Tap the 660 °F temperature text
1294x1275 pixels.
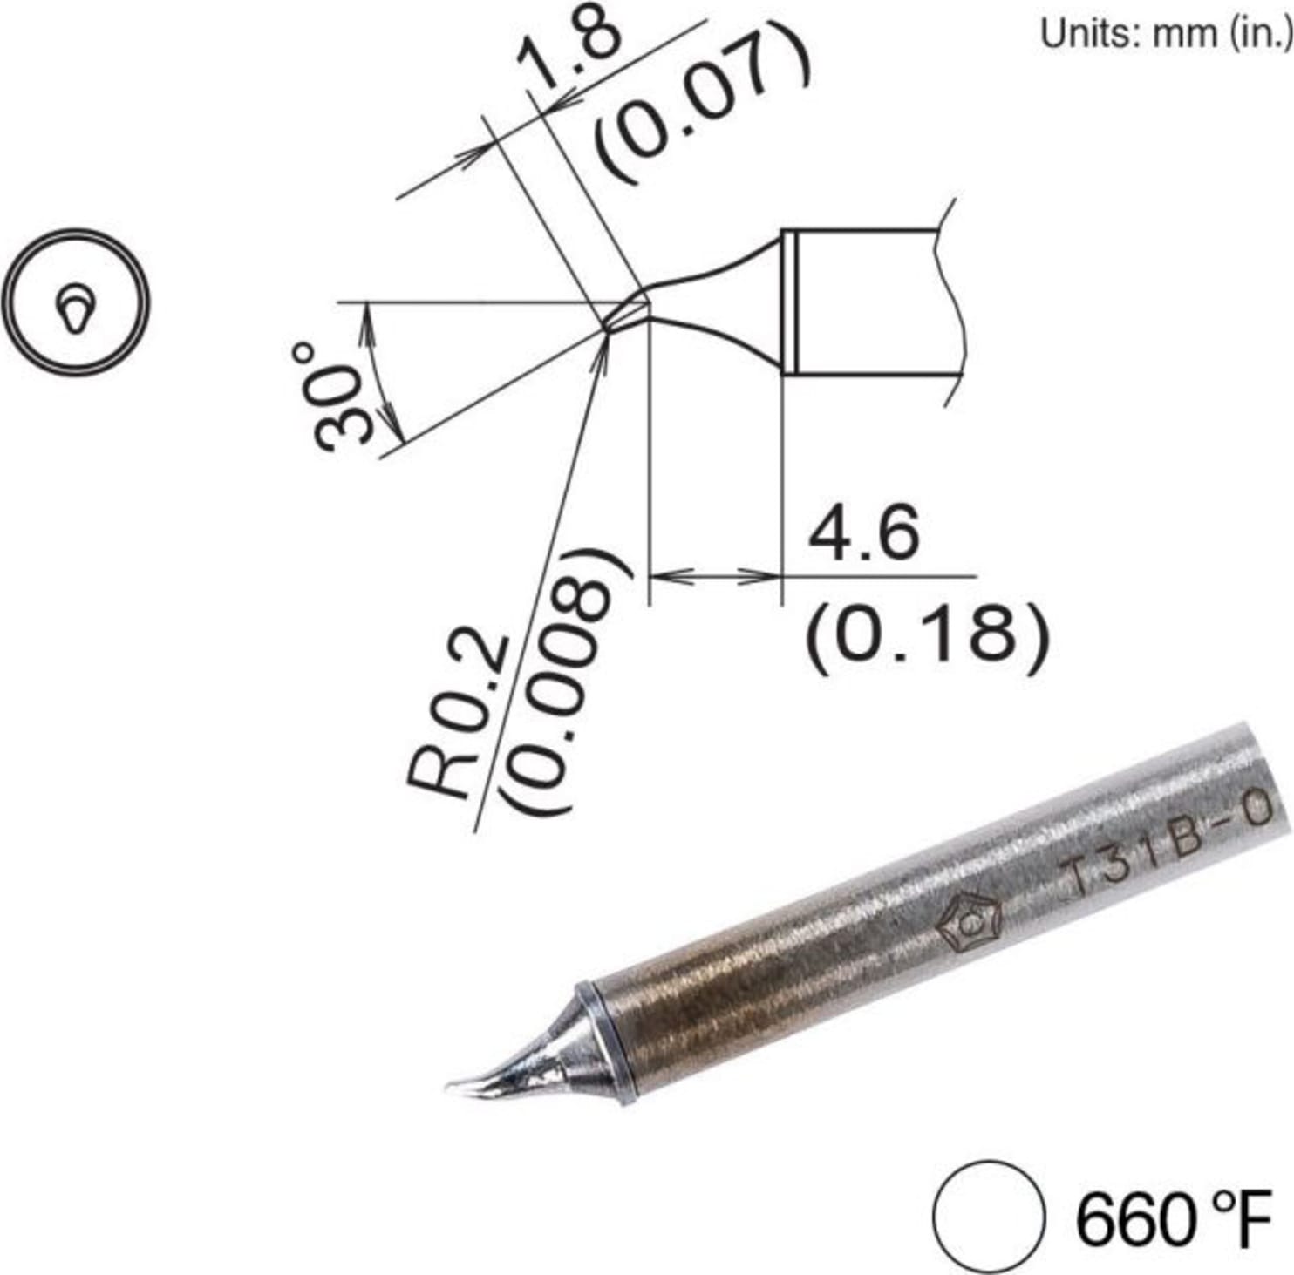[x=1172, y=1220]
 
